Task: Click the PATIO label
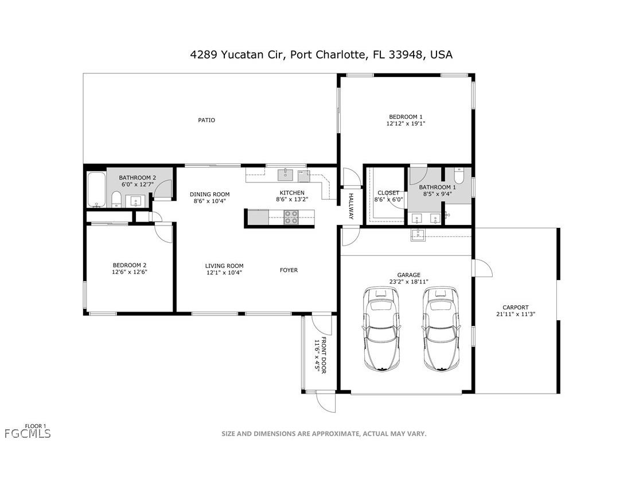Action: pyautogui.click(x=206, y=120)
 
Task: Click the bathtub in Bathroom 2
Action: pyautogui.click(x=96, y=190)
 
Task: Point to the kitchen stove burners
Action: pyautogui.click(x=291, y=216)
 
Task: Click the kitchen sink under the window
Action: pyautogui.click(x=286, y=174)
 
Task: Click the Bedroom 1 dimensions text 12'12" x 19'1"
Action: pyautogui.click(x=406, y=123)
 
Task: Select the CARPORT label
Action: pyautogui.click(x=515, y=307)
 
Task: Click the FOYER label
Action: pyautogui.click(x=289, y=270)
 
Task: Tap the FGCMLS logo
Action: pyautogui.click(x=28, y=434)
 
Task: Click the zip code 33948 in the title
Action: pyautogui.click(x=407, y=55)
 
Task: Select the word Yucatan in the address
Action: pyautogui.click(x=242, y=55)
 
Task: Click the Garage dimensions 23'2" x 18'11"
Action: pyautogui.click(x=408, y=282)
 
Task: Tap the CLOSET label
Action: pyautogui.click(x=388, y=193)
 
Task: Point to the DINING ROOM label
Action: pyautogui.click(x=209, y=194)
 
